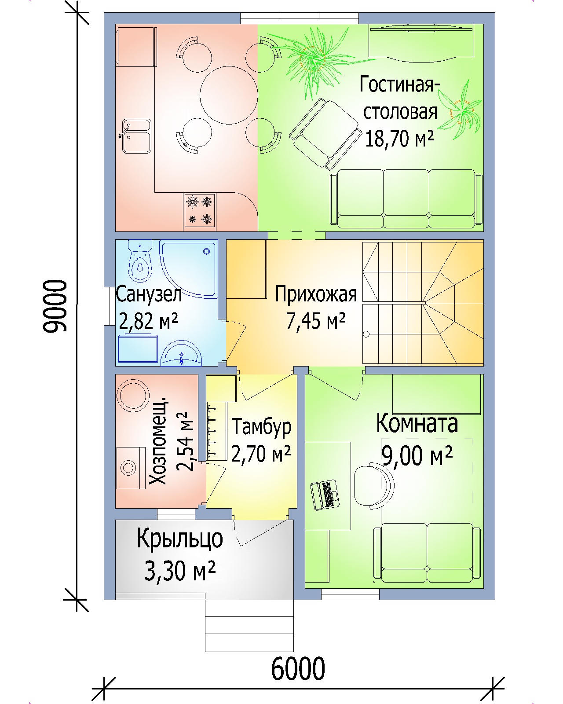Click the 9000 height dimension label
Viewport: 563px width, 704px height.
pos(55,306)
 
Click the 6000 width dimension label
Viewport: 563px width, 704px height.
pos(298,668)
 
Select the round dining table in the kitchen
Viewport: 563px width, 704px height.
pos(229,95)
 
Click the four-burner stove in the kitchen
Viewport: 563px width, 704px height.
pos(200,210)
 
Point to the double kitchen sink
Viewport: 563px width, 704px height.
pos(136,136)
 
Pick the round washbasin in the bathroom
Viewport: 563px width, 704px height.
pos(182,353)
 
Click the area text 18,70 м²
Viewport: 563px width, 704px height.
pos(399,139)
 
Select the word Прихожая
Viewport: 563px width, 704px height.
pos(316,294)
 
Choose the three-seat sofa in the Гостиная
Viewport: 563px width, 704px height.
pos(406,198)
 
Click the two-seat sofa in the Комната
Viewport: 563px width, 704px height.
pos(427,553)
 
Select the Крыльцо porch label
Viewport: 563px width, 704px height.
pos(179,539)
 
